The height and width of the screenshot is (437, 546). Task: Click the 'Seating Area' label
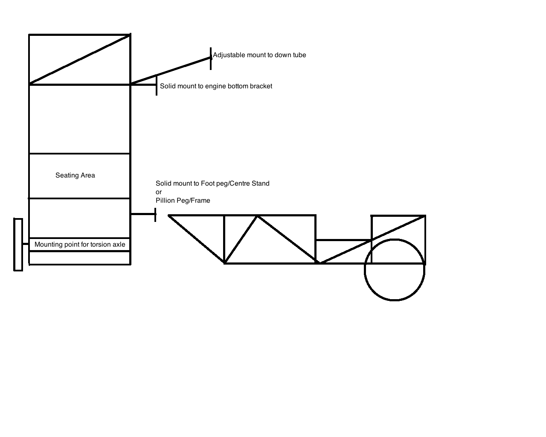75,175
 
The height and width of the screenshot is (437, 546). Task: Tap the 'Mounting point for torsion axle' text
80,245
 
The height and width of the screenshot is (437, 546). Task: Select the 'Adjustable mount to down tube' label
259,55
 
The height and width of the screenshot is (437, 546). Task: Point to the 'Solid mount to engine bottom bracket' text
216,86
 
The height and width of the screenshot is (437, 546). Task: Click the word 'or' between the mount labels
159,192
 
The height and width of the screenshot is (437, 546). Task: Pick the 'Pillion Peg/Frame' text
183,201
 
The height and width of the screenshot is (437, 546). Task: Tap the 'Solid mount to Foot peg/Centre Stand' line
212,184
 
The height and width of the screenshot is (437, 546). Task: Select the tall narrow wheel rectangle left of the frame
18,245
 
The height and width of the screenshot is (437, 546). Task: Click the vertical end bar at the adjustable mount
211,58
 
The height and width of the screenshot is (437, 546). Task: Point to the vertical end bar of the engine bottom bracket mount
157,85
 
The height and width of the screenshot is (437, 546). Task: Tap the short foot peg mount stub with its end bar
143,214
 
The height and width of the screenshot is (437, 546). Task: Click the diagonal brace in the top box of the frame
79,59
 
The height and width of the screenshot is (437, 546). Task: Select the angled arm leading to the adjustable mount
171,71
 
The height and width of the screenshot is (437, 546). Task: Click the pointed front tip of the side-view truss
169,216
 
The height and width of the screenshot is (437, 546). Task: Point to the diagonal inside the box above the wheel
398,228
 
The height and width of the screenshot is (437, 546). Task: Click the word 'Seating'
67,175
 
